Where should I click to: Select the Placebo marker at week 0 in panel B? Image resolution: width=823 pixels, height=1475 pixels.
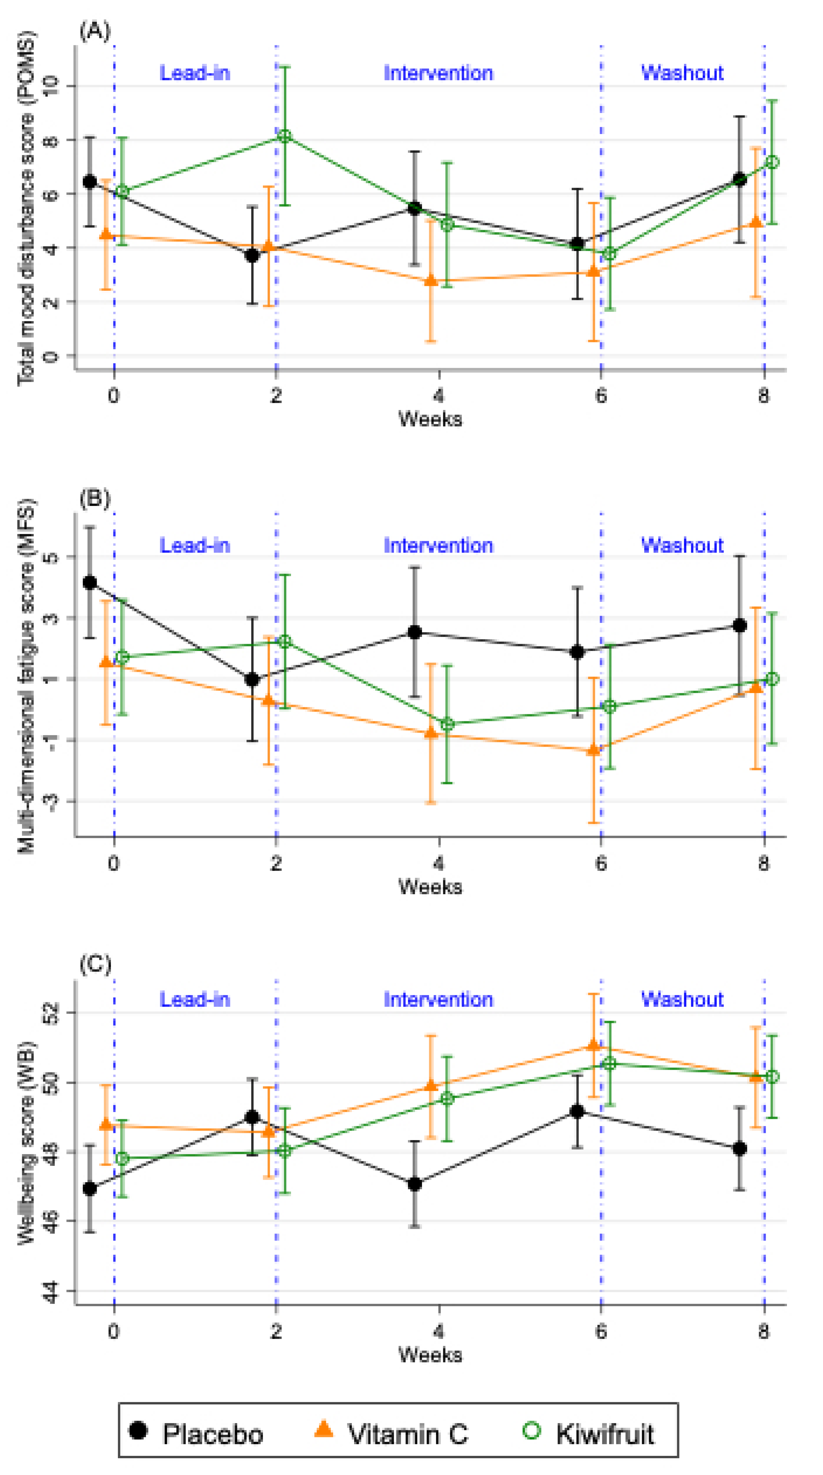[x=90, y=582]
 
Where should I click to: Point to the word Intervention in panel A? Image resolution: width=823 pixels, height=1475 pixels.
[x=438, y=73]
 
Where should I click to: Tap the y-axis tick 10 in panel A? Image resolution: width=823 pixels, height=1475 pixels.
[x=52, y=86]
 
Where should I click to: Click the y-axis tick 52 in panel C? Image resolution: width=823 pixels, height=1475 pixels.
[x=52, y=1012]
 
